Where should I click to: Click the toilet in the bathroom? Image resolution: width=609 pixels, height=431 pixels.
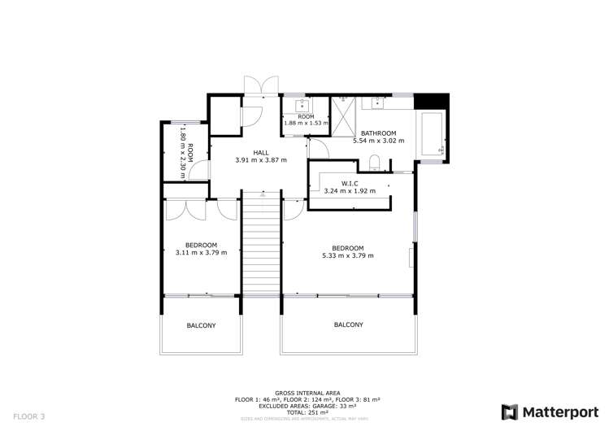click(x=374, y=162)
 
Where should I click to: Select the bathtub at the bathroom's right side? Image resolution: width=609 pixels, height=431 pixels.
click(x=431, y=134)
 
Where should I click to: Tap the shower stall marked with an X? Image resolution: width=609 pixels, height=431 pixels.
click(x=343, y=118)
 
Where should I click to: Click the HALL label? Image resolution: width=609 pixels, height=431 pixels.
click(x=261, y=152)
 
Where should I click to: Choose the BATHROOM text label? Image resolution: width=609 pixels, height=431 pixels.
click(x=378, y=133)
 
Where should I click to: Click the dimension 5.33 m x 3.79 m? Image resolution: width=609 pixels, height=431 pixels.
click(x=348, y=256)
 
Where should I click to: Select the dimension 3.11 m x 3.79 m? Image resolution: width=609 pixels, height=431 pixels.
click(x=201, y=253)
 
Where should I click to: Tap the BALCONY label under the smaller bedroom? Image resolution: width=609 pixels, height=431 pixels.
click(x=201, y=325)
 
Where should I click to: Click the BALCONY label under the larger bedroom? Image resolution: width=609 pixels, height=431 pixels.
click(x=348, y=324)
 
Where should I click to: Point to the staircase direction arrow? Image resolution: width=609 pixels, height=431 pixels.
click(x=261, y=194)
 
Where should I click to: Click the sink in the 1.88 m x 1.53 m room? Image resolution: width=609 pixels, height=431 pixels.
click(x=305, y=105)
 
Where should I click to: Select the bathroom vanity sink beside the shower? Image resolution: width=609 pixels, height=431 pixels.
click(x=379, y=103)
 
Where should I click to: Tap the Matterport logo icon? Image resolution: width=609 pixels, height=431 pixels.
click(x=510, y=411)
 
